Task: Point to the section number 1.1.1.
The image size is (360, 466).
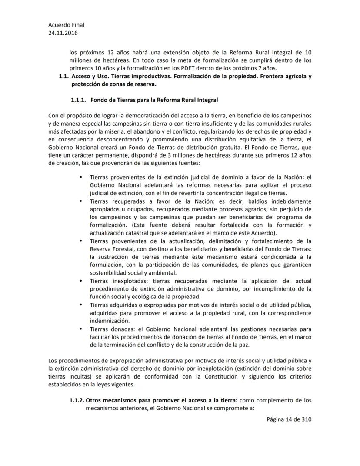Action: click(79, 100)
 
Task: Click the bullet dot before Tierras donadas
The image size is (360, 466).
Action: click(80, 328)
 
